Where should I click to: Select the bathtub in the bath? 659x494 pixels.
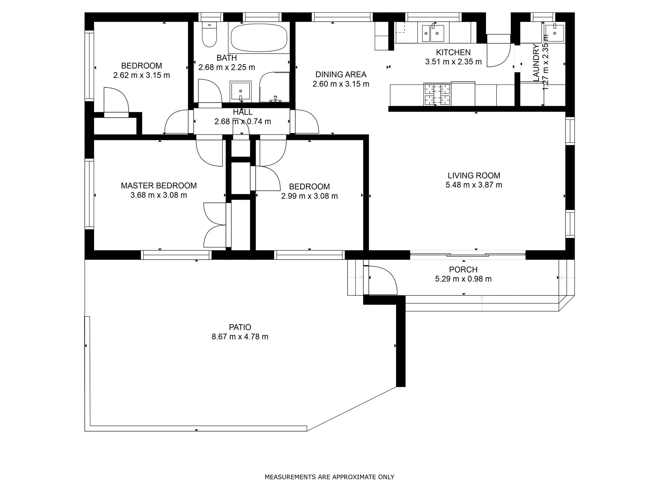[x=259, y=38]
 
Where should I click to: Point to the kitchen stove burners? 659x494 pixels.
[x=437, y=94]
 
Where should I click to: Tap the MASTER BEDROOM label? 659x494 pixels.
[x=159, y=186]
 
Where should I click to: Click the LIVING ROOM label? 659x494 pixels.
[x=474, y=176]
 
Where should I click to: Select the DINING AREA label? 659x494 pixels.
[x=341, y=74]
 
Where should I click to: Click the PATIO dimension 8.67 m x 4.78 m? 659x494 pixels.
[x=240, y=337]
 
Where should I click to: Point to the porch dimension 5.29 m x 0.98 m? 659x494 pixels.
[x=463, y=279]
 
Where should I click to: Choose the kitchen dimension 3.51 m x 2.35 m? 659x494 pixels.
[x=453, y=62]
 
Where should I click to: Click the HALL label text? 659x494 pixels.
[x=243, y=112]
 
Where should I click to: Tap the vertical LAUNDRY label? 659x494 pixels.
[x=536, y=63]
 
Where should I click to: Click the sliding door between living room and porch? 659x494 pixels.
[x=467, y=255]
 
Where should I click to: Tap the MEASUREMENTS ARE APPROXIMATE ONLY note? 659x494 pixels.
[x=329, y=477]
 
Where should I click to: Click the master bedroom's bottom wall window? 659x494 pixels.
[x=176, y=255]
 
